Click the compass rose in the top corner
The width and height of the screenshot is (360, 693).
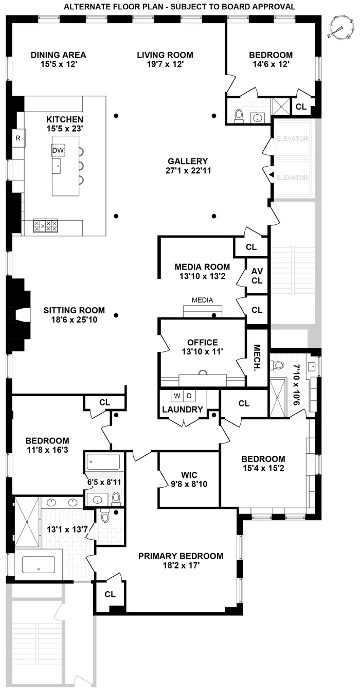tap(340, 27)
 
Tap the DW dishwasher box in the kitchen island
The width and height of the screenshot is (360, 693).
tap(58, 150)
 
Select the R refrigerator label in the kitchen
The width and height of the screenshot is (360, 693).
tap(18, 138)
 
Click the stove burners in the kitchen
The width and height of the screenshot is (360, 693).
tap(45, 225)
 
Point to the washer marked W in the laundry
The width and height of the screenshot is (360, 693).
tap(177, 396)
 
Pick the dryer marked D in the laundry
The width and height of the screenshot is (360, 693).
tap(188, 396)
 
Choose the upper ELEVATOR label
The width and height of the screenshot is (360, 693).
tap(292, 138)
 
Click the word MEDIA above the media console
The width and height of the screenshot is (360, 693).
tap(202, 300)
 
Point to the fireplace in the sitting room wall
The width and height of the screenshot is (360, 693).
tap(21, 315)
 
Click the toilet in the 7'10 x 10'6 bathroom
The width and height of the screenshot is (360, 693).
tap(279, 365)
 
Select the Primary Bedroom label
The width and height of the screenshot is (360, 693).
tap(181, 556)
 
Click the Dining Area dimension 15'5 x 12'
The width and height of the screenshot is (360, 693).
tap(58, 65)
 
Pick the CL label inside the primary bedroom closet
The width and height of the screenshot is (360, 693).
tap(110, 594)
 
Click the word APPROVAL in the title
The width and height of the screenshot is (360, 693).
tap(275, 7)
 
